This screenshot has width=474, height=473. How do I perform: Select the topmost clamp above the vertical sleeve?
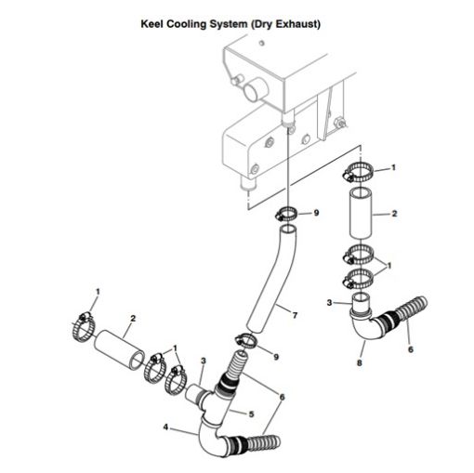[361, 171]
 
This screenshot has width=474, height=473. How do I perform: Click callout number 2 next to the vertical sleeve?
[394, 214]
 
